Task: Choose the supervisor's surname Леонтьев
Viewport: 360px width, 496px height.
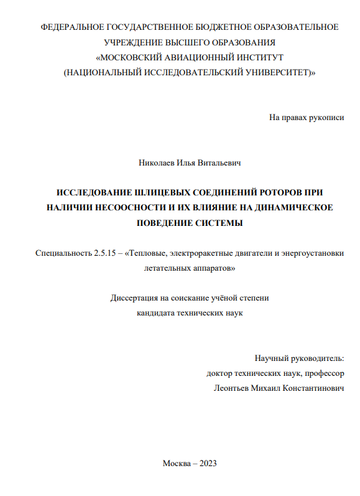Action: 233,388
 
